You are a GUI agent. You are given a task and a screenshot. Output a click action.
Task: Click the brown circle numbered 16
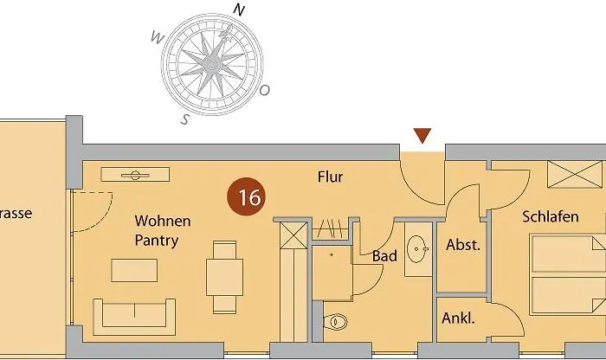tap(246, 196)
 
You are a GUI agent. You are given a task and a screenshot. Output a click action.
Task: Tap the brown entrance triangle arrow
tap(422, 135)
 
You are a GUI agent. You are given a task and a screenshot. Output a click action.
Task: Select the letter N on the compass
tap(239, 10)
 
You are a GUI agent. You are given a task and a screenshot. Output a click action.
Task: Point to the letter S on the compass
tap(185, 119)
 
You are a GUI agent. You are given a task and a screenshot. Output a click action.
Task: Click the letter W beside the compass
tap(157, 37)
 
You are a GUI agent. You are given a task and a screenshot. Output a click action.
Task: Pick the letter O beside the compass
tap(264, 90)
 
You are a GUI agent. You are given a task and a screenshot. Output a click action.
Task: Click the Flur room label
tap(330, 177)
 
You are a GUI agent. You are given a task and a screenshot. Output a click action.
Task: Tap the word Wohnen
tap(163, 221)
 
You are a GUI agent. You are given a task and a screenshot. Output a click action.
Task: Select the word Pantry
tap(156, 241)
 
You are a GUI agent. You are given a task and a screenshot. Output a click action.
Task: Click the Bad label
tap(384, 255)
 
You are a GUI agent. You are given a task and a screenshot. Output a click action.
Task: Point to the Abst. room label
tap(463, 245)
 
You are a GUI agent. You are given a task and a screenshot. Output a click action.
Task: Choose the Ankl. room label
tap(458, 318)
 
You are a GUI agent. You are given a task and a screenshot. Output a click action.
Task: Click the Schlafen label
tap(551, 216)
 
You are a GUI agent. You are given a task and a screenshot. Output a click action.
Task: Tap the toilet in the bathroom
tap(335, 321)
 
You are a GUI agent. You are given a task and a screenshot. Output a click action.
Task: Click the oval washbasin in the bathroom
tap(417, 249)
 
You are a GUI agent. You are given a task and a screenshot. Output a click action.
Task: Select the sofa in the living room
tap(134, 317)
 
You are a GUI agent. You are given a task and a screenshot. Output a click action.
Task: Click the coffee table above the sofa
tap(134, 270)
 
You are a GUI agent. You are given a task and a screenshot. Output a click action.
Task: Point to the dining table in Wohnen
tap(224, 277)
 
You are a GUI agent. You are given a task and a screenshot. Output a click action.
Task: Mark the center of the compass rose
tap(211, 64)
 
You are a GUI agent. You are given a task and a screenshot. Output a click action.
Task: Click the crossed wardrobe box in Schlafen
tap(575, 174)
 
